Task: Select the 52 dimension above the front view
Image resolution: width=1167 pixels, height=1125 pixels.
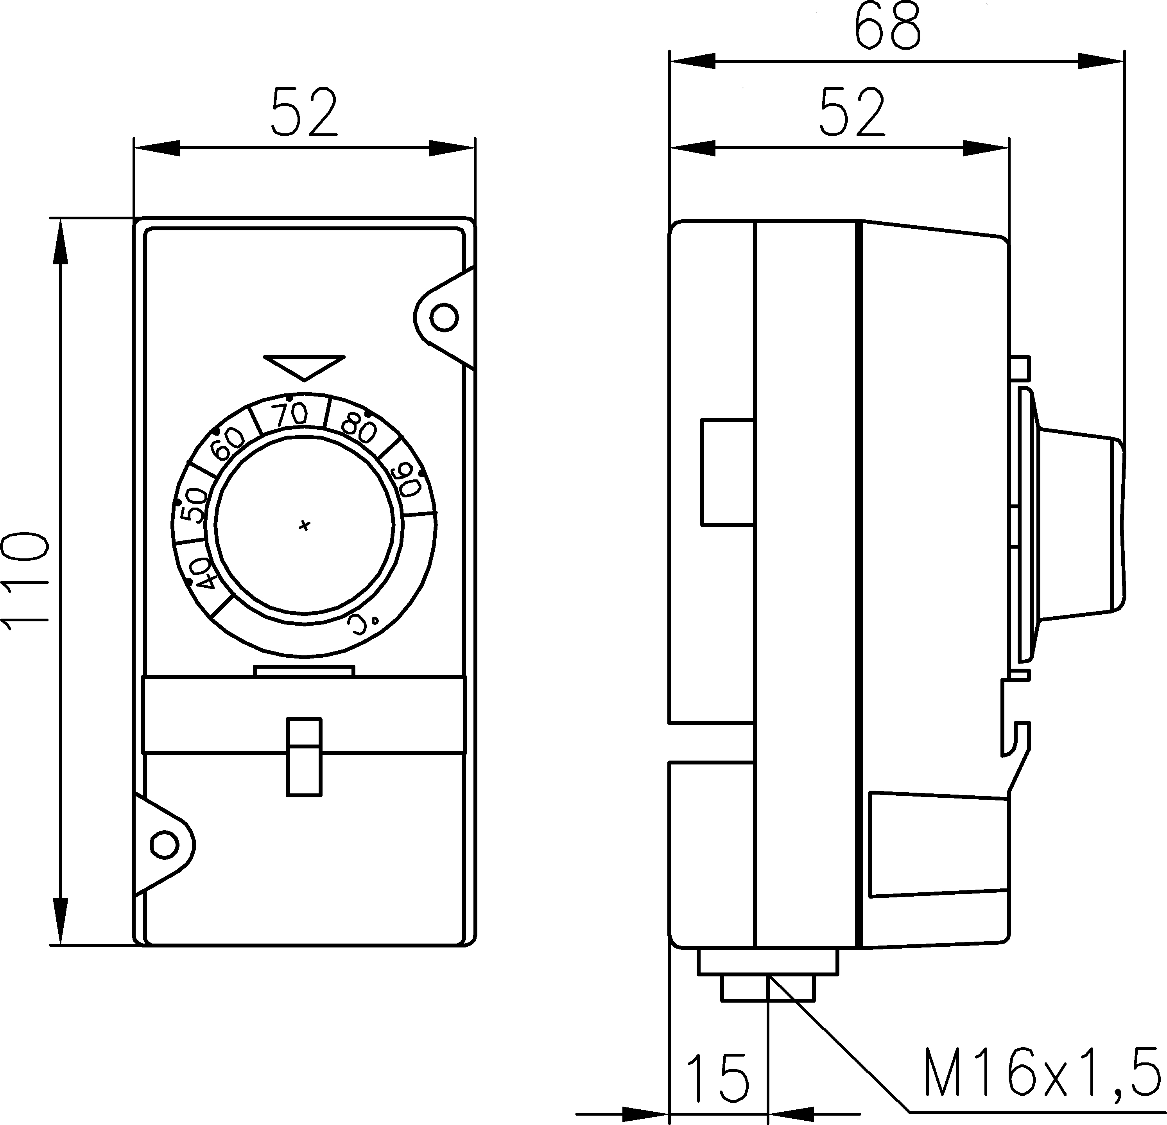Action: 304,113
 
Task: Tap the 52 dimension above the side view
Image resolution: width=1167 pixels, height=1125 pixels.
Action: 852,113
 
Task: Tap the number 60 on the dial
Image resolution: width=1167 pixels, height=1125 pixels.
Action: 229,444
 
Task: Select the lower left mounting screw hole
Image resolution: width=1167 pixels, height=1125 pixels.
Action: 165,845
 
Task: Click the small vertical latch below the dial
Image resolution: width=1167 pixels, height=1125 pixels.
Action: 304,756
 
